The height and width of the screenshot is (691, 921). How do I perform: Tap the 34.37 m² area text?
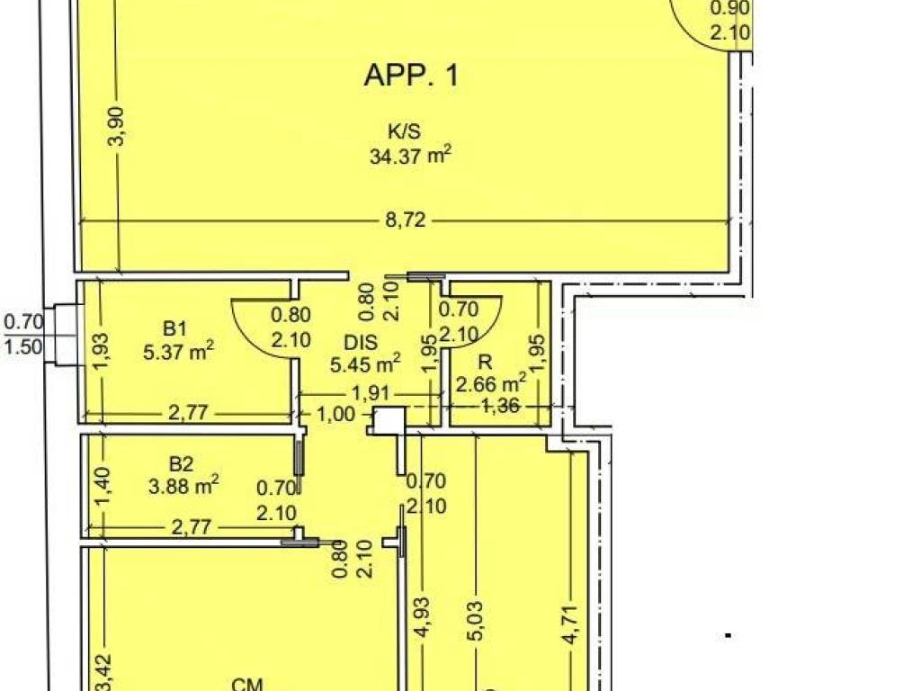pyautogui.click(x=410, y=157)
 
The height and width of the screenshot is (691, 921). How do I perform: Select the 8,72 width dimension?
pyautogui.click(x=406, y=220)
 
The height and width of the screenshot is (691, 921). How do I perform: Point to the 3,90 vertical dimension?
pyautogui.click(x=118, y=126)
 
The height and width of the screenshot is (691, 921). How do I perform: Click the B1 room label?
pyautogui.click(x=174, y=328)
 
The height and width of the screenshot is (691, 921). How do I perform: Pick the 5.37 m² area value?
pyautogui.click(x=178, y=352)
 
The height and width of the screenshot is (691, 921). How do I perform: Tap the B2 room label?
pyautogui.click(x=181, y=464)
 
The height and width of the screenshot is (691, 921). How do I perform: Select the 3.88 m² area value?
pyautogui.click(x=183, y=487)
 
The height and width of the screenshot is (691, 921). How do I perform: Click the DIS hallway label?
pyautogui.click(x=361, y=342)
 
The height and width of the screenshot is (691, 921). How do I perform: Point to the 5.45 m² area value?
pyautogui.click(x=365, y=364)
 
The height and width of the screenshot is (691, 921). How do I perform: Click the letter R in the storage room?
pyautogui.click(x=485, y=362)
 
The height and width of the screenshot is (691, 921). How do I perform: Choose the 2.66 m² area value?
pyautogui.click(x=491, y=384)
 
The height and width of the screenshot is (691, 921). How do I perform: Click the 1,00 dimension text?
pyautogui.click(x=336, y=414)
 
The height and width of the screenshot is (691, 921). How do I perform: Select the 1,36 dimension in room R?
pyautogui.click(x=500, y=406)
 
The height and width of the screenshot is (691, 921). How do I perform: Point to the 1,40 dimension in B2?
pyautogui.click(x=103, y=485)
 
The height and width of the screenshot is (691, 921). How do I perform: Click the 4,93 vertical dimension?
pyautogui.click(x=423, y=617)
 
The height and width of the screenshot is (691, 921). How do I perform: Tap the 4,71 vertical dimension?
pyautogui.click(x=570, y=624)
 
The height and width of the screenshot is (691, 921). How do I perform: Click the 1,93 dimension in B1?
pyautogui.click(x=102, y=352)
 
